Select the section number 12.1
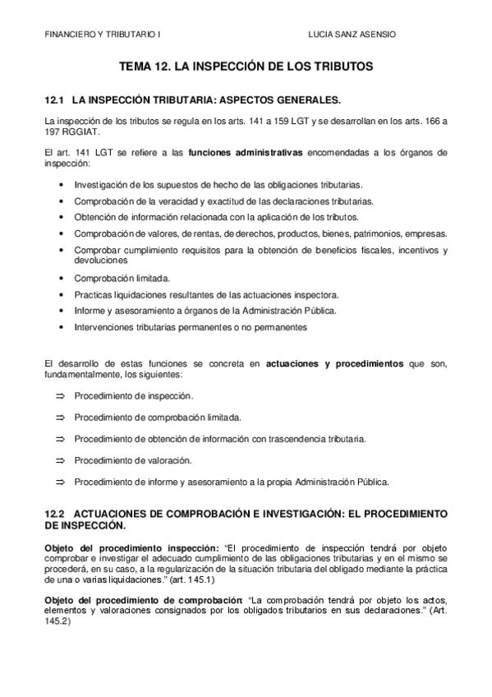(x=54, y=100)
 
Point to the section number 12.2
(x=54, y=513)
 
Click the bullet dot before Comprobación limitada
(x=63, y=279)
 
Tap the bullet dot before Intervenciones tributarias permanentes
(x=63, y=327)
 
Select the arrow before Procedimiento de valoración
(x=59, y=460)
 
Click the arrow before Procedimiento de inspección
(x=59, y=396)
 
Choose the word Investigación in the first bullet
(x=99, y=185)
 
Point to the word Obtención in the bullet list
(x=95, y=217)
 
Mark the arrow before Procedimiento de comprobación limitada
(x=59, y=418)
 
